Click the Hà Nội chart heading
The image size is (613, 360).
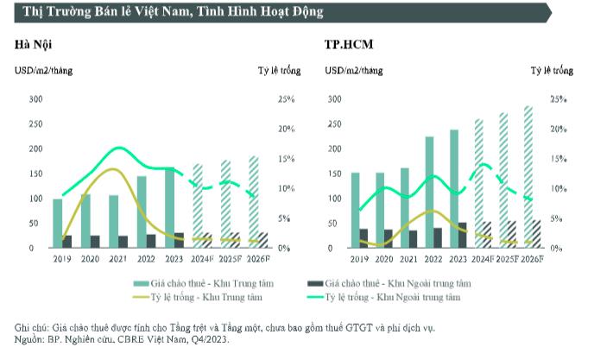pyautogui.click(x=32, y=44)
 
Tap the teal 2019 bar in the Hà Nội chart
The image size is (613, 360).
pyautogui.click(x=57, y=223)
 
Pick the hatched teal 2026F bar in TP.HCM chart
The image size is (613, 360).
pyautogui.click(x=528, y=177)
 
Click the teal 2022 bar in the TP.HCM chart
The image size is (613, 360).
pyautogui.click(x=429, y=192)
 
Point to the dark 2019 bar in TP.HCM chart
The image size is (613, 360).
pyautogui.click(x=340, y=238)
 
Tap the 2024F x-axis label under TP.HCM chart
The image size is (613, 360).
pyautogui.click(x=483, y=259)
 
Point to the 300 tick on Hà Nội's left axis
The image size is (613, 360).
pyautogui.click(x=35, y=99)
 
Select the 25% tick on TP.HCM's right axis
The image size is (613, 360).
pyautogui.click(x=559, y=99)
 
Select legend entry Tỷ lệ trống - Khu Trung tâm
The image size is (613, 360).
pyautogui.click(x=196, y=298)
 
